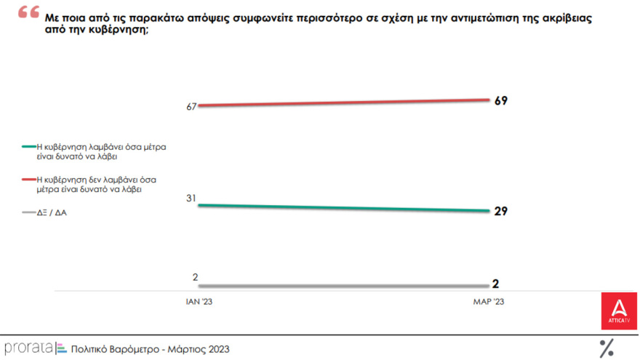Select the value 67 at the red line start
click(x=192, y=107)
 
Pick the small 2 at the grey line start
click(x=195, y=276)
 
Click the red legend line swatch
click(x=28, y=179)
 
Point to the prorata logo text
click(x=28, y=348)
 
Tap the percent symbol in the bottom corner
click(x=606, y=348)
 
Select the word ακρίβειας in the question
click(x=564, y=19)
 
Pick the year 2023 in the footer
click(x=217, y=349)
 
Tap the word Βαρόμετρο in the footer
click(x=144, y=349)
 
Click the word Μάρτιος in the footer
click(x=185, y=349)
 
